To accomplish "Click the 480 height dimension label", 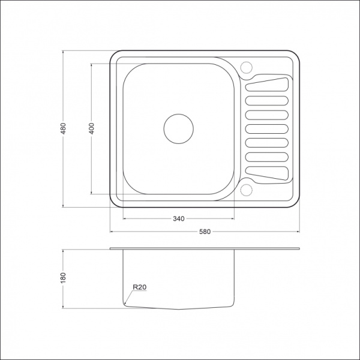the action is coord(64,128).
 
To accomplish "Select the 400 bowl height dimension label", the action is coord(91,128).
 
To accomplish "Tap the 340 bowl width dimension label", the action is coord(179,218).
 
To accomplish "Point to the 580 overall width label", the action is coord(205,232).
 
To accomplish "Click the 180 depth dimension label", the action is coord(64,278).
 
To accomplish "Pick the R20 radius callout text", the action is coord(140,287).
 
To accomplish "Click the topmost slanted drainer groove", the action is coord(267,85).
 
